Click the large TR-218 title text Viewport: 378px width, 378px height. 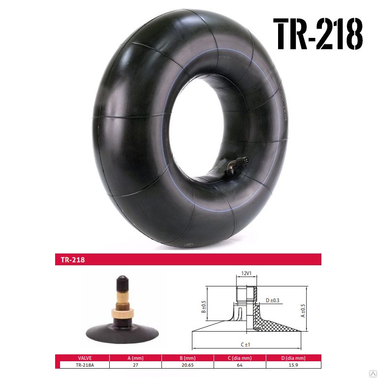point(318,34)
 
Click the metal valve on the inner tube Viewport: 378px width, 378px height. point(237,165)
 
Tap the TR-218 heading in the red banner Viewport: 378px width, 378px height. point(73,260)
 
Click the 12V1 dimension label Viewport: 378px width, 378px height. point(247,273)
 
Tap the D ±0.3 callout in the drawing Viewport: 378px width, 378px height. point(272,300)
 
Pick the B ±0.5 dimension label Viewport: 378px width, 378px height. point(204,307)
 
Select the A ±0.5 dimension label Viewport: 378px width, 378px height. point(303,311)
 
